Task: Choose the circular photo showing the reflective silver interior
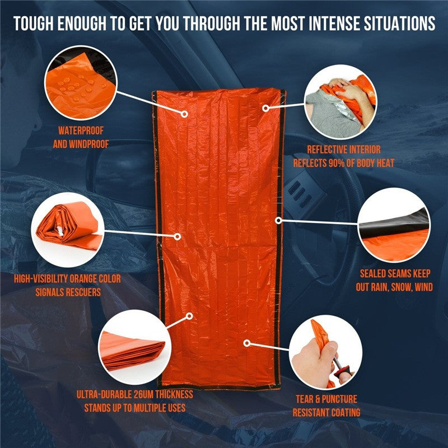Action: pyautogui.click(x=341, y=106)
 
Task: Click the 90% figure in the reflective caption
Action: pyautogui.click(x=348, y=163)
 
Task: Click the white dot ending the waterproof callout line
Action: pyautogui.click(x=184, y=113)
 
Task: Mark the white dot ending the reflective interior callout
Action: pyautogui.click(x=266, y=106)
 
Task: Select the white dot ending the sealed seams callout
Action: pyautogui.click(x=278, y=220)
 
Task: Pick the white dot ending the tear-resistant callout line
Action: pyautogui.click(x=246, y=341)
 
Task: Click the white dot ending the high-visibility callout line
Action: pyautogui.click(x=178, y=236)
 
